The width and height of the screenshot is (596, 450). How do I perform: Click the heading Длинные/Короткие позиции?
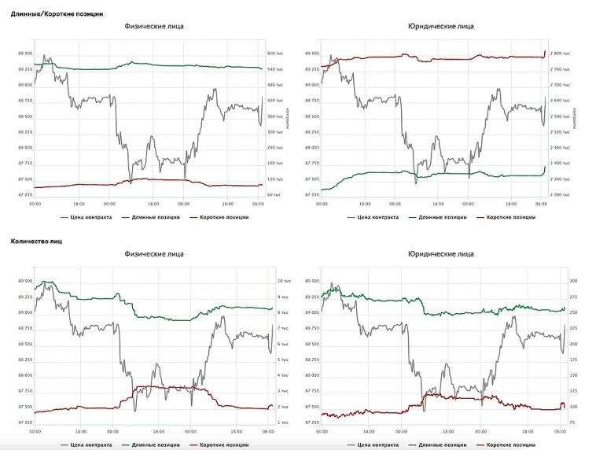pos(56,13)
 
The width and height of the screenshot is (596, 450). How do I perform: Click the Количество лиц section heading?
pos(36,241)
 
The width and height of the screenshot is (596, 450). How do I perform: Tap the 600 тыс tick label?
pos(274,53)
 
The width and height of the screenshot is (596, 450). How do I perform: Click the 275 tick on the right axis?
pos(572,297)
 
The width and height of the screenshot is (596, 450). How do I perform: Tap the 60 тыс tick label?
pos(274,194)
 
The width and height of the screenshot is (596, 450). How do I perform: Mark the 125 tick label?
pos(572,391)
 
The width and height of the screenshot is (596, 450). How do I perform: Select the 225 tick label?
pos(572,328)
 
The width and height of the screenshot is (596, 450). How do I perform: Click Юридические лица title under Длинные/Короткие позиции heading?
pos(440,26)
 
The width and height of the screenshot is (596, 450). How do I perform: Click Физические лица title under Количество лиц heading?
pos(154,254)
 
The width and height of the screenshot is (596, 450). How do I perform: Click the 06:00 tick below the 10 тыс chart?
pos(267,431)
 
